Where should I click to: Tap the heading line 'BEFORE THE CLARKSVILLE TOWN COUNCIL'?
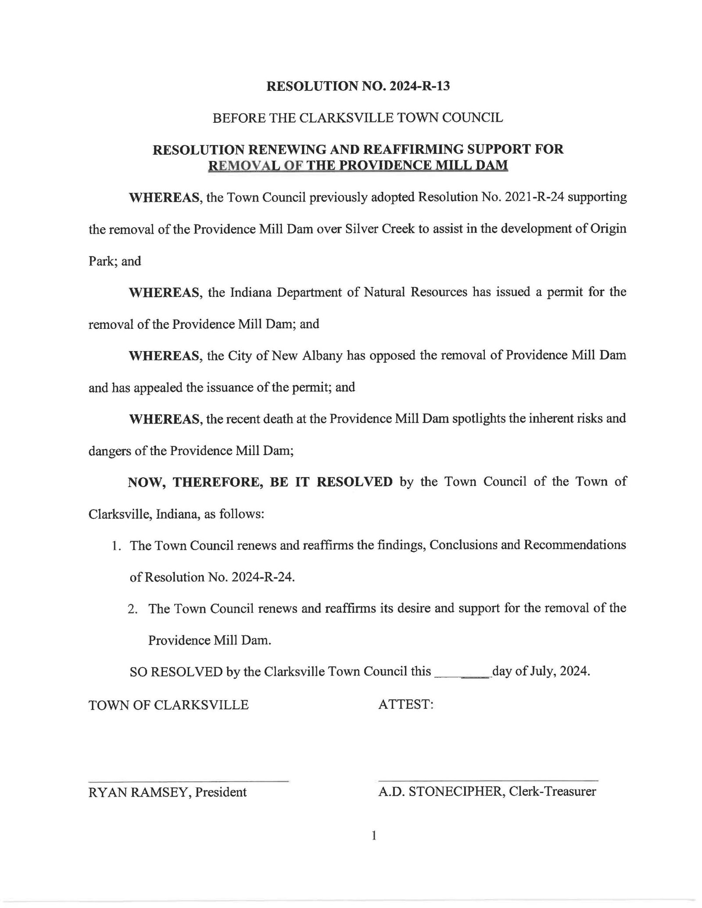coord(358,118)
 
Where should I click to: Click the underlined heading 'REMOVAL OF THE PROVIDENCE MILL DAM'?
coord(358,166)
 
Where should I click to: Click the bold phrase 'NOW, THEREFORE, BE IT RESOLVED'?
coord(260,482)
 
